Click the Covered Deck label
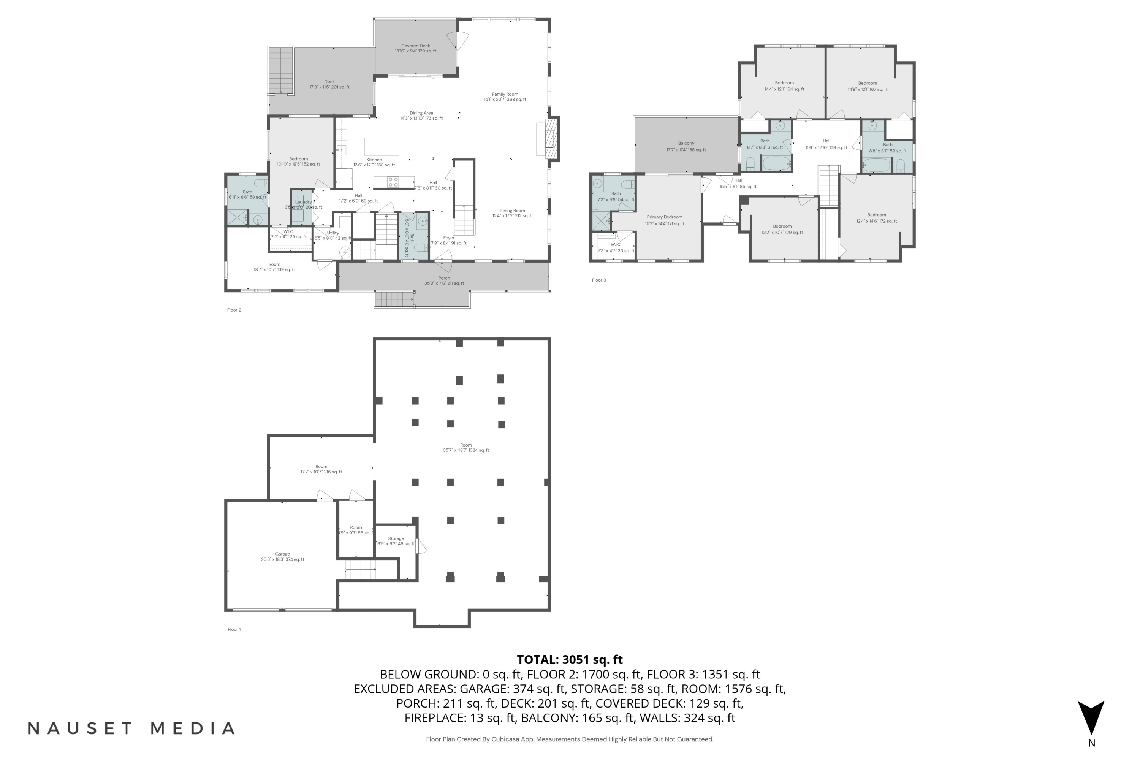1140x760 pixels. tap(415, 49)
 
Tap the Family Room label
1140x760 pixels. tap(505, 97)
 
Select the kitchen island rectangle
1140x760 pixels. tap(382, 146)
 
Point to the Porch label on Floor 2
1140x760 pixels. tap(444, 281)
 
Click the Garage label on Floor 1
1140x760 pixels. tap(283, 556)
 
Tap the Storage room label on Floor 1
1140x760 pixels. tap(396, 541)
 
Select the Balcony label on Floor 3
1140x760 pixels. tap(686, 146)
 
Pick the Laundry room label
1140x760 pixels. tap(303, 204)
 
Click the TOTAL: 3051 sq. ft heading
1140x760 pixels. tap(570, 660)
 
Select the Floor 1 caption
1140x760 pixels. tap(234, 630)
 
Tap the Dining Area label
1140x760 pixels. tap(421, 116)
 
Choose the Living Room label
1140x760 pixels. tap(512, 213)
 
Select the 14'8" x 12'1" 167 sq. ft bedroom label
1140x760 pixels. tap(867, 86)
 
